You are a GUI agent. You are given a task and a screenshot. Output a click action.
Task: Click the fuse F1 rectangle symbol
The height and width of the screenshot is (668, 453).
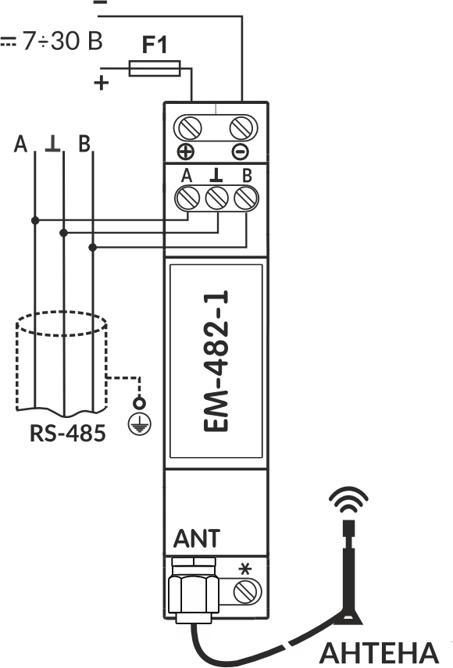155,69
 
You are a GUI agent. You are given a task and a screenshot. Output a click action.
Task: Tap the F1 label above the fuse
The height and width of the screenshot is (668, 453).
155,45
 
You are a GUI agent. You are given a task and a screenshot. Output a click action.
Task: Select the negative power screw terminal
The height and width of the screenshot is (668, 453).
244,127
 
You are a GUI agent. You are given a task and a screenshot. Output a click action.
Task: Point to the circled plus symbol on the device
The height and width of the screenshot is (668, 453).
186,152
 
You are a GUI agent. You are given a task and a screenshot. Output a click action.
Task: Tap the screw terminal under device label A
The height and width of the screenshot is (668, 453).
187,198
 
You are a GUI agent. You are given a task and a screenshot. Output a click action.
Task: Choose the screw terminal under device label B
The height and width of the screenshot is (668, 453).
247,198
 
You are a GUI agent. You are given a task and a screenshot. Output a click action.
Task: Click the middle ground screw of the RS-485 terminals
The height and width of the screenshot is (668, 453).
217,198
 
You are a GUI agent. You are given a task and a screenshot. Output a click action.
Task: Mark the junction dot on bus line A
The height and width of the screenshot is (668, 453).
35,220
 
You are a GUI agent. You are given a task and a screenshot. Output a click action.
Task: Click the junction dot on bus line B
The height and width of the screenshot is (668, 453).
92,247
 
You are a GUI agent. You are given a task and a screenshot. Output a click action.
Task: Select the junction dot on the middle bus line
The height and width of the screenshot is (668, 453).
63,233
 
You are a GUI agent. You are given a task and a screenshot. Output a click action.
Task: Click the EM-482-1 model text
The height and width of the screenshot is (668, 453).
216,361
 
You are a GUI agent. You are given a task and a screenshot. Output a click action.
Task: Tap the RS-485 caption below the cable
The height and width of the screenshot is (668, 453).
68,434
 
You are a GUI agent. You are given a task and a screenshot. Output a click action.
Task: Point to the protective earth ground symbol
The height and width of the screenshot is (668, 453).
139,424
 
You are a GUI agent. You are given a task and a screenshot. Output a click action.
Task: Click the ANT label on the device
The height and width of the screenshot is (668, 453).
197,538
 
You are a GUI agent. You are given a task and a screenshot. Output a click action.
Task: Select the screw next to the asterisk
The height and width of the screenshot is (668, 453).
248,591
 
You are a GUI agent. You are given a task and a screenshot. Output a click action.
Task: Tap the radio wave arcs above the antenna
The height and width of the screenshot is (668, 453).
348,500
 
